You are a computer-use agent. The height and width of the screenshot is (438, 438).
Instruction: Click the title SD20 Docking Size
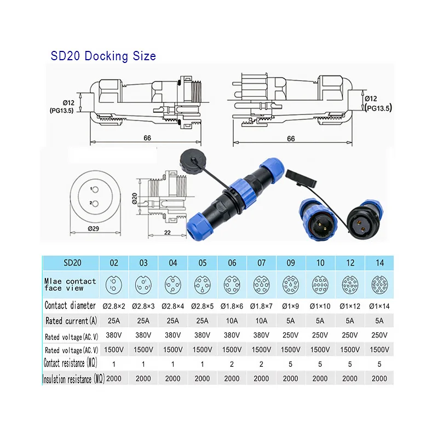point(103,56)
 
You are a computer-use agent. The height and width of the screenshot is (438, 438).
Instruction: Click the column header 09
point(291,263)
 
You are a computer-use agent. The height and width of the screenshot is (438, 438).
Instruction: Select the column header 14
point(379,263)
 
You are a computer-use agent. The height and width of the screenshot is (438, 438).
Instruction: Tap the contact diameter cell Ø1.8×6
point(232,306)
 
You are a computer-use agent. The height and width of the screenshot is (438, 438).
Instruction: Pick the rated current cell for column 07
point(261,321)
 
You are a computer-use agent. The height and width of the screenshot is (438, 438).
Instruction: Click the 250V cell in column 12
point(350,335)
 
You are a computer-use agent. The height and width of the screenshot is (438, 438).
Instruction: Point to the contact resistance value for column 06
point(232,364)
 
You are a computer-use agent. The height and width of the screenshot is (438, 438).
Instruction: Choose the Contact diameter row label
point(70,306)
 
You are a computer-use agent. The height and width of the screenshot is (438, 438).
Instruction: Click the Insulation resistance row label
point(73,379)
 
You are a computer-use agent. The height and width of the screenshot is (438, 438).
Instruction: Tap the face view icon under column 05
point(202,285)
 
